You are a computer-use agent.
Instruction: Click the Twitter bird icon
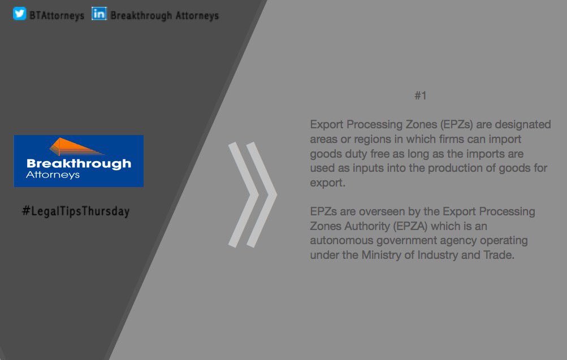20,14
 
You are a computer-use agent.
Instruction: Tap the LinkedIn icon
99,14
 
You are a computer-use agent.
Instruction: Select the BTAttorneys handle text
57,15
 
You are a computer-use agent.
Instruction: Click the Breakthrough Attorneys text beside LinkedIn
165,15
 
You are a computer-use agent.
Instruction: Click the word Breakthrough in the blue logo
79,164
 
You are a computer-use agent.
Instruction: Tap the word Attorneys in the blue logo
53,175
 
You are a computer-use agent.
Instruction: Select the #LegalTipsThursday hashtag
76,212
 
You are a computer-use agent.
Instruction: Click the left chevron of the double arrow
242,195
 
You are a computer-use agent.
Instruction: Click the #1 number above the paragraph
420,96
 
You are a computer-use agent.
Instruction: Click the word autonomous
344,241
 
